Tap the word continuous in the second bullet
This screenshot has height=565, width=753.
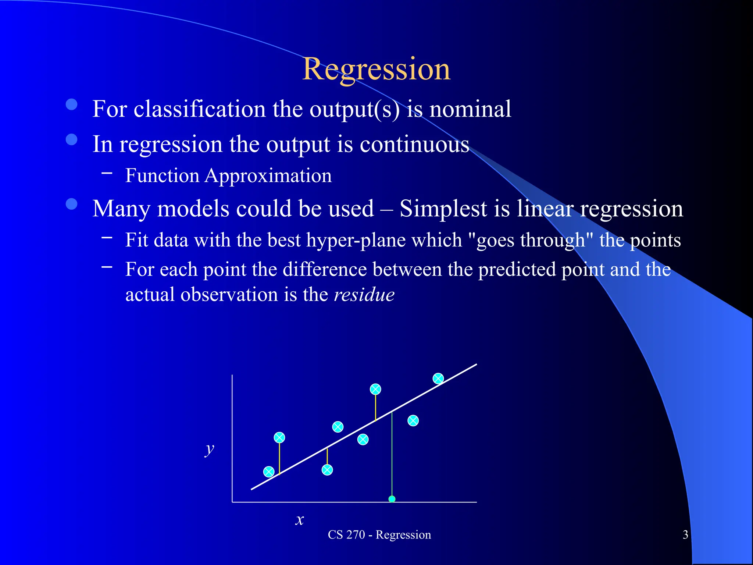414,144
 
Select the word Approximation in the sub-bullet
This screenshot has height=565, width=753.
268,176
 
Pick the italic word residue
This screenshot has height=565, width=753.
364,295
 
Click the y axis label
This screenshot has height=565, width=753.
209,449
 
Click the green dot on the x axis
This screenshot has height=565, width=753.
392,499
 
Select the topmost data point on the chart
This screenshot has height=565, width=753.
438,379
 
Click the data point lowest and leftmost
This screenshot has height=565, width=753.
269,472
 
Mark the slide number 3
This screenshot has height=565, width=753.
685,534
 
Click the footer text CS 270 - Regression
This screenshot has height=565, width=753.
379,534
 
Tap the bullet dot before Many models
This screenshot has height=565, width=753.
71,204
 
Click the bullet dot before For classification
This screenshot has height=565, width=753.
71,104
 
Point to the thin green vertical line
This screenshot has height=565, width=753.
392,456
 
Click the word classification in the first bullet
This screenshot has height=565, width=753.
199,109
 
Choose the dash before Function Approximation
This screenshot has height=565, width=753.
107,171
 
